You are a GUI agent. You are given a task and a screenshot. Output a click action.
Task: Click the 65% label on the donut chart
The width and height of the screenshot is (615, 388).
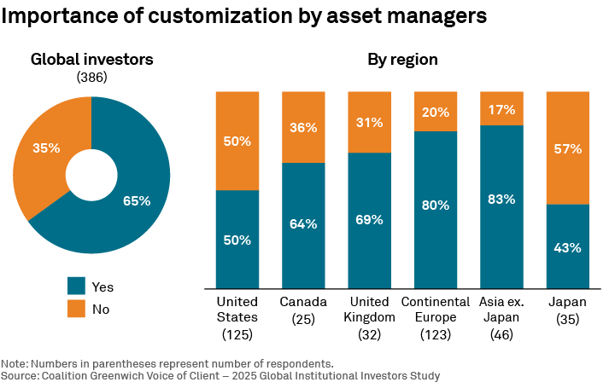tap(137, 201)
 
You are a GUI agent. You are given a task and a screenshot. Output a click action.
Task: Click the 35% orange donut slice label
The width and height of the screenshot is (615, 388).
tap(46, 148)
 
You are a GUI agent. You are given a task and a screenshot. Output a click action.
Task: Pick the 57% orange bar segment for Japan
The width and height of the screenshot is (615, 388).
tap(567, 148)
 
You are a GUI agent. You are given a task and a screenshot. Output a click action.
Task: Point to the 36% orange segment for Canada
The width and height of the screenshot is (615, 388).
tap(303, 127)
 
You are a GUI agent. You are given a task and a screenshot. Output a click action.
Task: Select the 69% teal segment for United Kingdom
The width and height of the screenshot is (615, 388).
tap(369, 220)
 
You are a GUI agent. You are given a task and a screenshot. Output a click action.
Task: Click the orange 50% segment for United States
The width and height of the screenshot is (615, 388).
tap(237, 141)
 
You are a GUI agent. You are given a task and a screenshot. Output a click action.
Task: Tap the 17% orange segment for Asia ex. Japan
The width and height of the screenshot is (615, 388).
tap(501, 109)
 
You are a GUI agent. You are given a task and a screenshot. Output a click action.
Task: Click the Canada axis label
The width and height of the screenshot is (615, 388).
tap(303, 303)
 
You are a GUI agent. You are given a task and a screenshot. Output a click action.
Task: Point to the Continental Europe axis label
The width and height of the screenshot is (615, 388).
tap(436, 310)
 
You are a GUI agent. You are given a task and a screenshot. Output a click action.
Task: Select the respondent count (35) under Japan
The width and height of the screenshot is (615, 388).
tap(567, 320)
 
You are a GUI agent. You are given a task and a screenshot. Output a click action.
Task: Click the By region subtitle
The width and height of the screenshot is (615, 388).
tap(403, 60)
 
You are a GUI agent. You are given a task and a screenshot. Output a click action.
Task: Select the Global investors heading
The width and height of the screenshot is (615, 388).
tap(91, 60)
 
